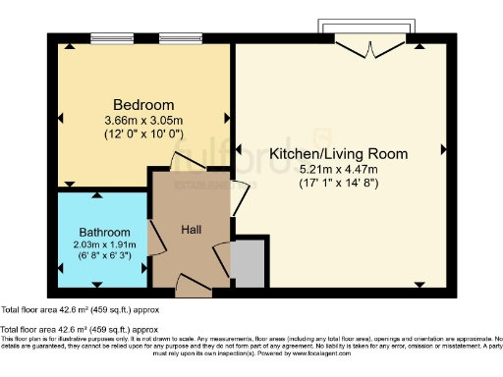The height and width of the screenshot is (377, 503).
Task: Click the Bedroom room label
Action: pyautogui.click(x=143, y=105)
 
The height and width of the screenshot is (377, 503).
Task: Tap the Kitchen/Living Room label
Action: pyautogui.click(x=337, y=154)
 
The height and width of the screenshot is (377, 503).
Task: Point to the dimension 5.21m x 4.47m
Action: pyautogui.click(x=337, y=168)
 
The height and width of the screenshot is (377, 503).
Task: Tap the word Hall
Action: pyautogui.click(x=192, y=229)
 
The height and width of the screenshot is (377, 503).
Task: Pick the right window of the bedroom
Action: pyautogui.click(x=181, y=39)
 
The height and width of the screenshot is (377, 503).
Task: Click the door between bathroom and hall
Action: pyautogui.click(x=152, y=237)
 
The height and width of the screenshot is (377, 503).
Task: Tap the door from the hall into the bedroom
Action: pyautogui.click(x=186, y=164)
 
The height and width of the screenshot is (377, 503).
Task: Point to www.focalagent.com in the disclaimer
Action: pyautogui.click(x=343, y=352)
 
